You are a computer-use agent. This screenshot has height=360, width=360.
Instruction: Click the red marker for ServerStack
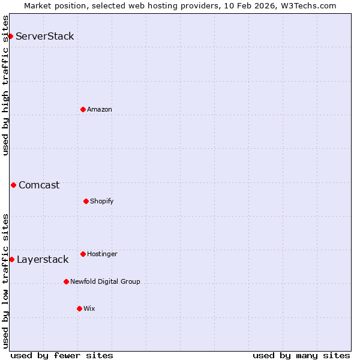coord(10,36)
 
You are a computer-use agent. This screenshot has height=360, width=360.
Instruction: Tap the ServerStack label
coord(45,37)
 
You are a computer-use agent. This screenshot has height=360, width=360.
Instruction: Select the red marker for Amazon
coord(83,109)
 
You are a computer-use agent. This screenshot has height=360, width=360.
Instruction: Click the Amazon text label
coord(100,110)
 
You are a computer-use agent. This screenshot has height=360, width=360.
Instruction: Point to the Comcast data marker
coord(13,185)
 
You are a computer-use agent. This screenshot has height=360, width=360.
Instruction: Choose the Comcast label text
coord(39,185)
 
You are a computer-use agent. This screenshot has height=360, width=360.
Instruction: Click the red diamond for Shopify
coord(86,201)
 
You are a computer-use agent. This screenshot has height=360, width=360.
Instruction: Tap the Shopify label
coord(102,202)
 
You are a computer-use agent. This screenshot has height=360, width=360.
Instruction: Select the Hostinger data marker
coord(83,254)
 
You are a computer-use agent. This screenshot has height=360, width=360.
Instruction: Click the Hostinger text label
coord(102,254)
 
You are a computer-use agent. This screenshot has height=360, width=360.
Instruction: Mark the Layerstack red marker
coord(11,259)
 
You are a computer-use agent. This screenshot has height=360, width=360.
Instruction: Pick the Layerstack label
coord(43,260)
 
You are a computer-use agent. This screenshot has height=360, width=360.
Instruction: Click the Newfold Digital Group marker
coord(66,281)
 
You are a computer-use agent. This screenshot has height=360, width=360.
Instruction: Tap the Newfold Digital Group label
coord(105,282)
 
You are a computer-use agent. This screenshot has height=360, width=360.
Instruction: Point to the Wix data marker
coord(79,308)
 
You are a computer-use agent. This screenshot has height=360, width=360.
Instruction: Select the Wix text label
coord(89,309)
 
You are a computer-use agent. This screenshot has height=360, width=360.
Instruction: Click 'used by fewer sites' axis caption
coord(62,356)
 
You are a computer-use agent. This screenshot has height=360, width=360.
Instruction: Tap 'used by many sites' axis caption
coord(301,356)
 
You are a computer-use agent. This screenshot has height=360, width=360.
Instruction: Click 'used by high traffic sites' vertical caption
coord(5,85)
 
